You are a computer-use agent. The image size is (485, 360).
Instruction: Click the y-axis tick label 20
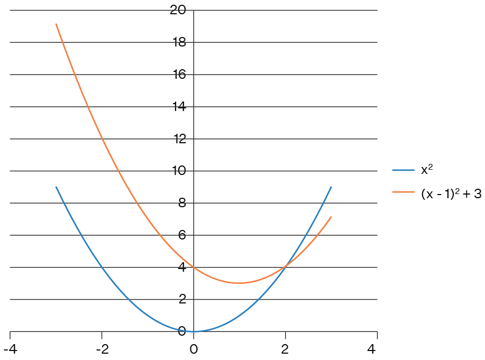point(178,10)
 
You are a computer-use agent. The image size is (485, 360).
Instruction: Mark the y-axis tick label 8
point(182,203)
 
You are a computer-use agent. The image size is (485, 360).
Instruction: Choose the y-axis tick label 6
point(182,235)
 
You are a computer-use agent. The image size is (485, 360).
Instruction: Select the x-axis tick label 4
point(377,349)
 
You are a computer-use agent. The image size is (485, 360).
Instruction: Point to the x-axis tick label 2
point(286,349)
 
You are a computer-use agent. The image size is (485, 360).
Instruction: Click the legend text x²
point(427,170)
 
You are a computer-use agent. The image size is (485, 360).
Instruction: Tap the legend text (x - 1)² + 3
point(451,193)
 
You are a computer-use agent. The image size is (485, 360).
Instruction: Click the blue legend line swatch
point(403,170)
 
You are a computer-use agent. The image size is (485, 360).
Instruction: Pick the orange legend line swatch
point(403,193)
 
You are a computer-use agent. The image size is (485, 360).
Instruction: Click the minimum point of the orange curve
point(240,283)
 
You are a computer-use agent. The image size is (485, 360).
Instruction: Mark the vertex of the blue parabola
point(194,331)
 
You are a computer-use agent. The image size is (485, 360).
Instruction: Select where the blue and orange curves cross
point(286,267)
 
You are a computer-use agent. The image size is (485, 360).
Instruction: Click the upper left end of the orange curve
point(56,24)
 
